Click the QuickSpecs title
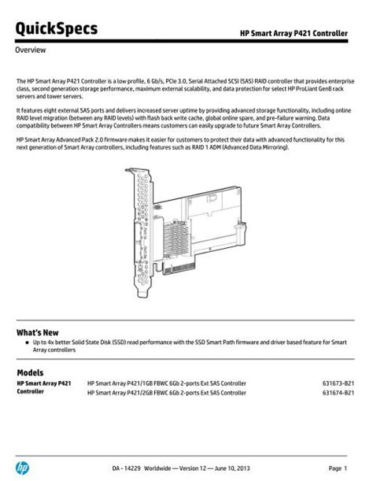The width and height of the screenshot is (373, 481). pyautogui.click(x=57, y=29)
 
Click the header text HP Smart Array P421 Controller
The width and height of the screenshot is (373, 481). pyautogui.click(x=295, y=31)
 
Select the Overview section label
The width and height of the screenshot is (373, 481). pyautogui.click(x=31, y=50)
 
